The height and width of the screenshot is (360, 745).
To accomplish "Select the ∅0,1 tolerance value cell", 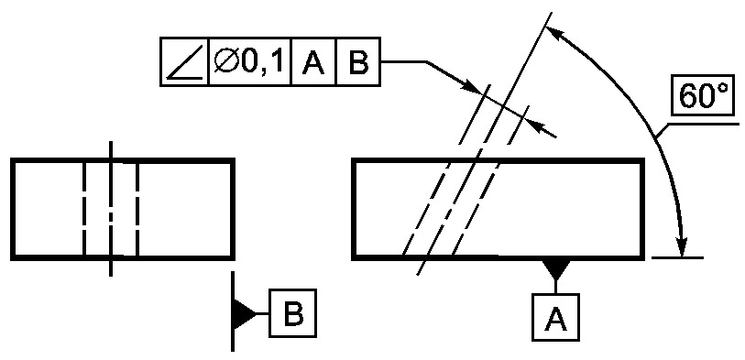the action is pos(250,61).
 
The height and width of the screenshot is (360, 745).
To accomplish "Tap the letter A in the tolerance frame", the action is pos(313,62).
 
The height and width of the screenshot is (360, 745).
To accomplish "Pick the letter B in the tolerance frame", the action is pos(358,62).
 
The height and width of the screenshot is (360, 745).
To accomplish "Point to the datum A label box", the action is pos(555,317).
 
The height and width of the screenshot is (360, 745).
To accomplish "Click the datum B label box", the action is pos(292,313).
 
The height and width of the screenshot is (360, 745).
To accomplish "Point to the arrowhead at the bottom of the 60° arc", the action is pos(682,245).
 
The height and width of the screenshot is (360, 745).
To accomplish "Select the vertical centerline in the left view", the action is pos(111,208).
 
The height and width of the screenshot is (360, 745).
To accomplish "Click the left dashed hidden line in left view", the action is pos(84,210).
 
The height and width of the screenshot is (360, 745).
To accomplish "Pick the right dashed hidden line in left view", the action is pos(137,210).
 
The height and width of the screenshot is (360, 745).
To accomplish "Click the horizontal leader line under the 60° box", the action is pos(702,124).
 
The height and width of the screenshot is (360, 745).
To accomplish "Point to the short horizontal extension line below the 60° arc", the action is pos(677,258).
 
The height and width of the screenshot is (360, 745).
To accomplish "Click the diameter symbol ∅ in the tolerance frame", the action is pos(225,62).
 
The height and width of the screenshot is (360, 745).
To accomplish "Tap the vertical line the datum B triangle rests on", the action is pos(233,311).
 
